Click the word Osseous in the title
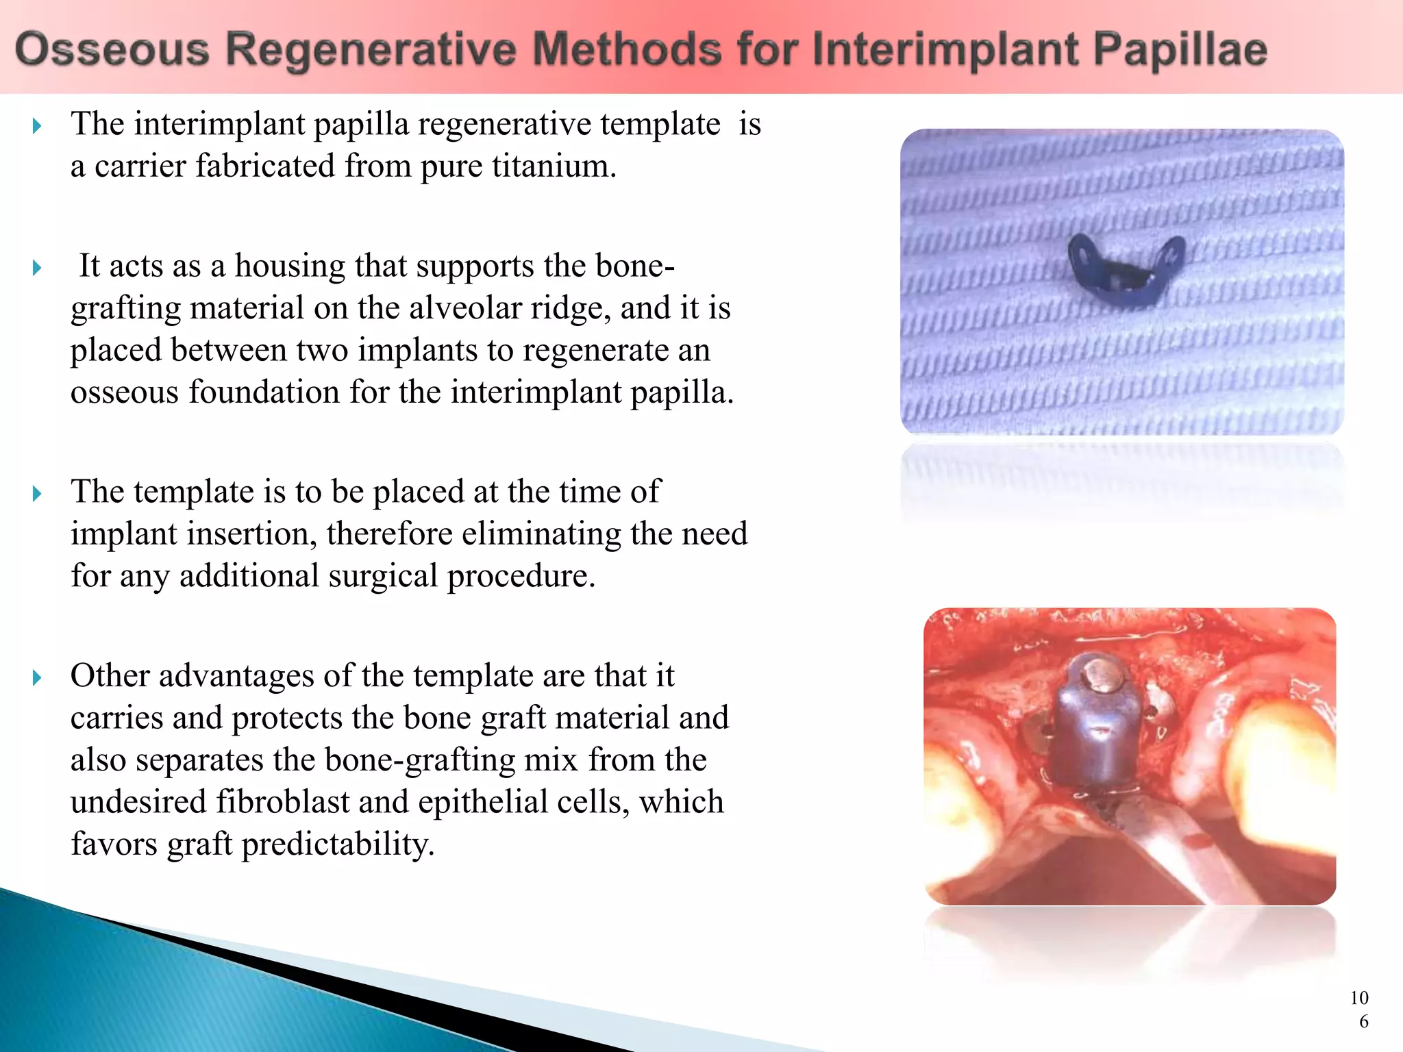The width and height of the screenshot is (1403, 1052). click(x=112, y=50)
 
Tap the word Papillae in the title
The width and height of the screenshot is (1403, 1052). click(x=1179, y=50)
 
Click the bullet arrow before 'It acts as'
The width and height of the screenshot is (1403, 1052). click(x=37, y=267)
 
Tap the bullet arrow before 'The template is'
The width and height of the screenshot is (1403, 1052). click(x=37, y=493)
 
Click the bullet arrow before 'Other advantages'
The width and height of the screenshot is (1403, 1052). click(x=37, y=677)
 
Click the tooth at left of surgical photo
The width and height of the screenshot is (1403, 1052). click(x=959, y=794)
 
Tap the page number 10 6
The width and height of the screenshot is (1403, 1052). click(x=1360, y=1010)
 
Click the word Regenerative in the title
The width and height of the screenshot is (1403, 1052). click(x=371, y=50)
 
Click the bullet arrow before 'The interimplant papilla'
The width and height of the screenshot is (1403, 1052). click(x=37, y=125)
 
